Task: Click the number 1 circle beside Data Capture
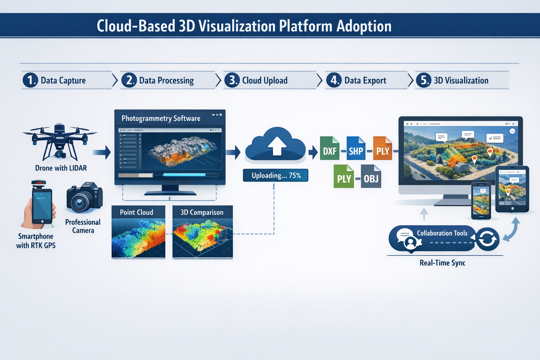pos(31,80)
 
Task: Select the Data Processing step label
pos(166,81)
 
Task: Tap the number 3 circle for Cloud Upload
pos(232,80)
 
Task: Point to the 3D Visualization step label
pos(461,81)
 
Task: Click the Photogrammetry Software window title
pos(161,118)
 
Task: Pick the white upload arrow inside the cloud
pos(277,146)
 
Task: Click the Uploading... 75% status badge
pos(276,175)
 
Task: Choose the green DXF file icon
pos(329,149)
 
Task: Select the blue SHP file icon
pos(356,149)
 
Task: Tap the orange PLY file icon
pos(382,149)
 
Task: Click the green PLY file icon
pos(343,176)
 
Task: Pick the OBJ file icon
pos(371,176)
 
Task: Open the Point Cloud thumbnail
pos(138,232)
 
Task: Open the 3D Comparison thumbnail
pos(202,232)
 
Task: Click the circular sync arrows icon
pos(487,239)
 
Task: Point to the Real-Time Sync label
pos(442,263)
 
